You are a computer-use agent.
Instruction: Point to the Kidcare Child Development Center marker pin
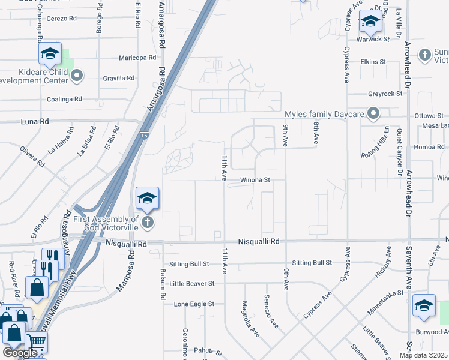(x=76, y=76)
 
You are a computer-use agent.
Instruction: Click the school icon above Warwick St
(x=370, y=22)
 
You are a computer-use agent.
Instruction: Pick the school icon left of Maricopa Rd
(x=51, y=54)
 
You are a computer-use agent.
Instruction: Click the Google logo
(x=20, y=353)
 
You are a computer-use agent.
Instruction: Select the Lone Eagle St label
(x=194, y=304)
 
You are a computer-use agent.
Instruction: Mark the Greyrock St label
(x=385, y=94)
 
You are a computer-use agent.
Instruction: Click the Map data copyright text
(x=424, y=355)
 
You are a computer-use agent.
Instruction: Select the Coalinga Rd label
(x=65, y=99)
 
